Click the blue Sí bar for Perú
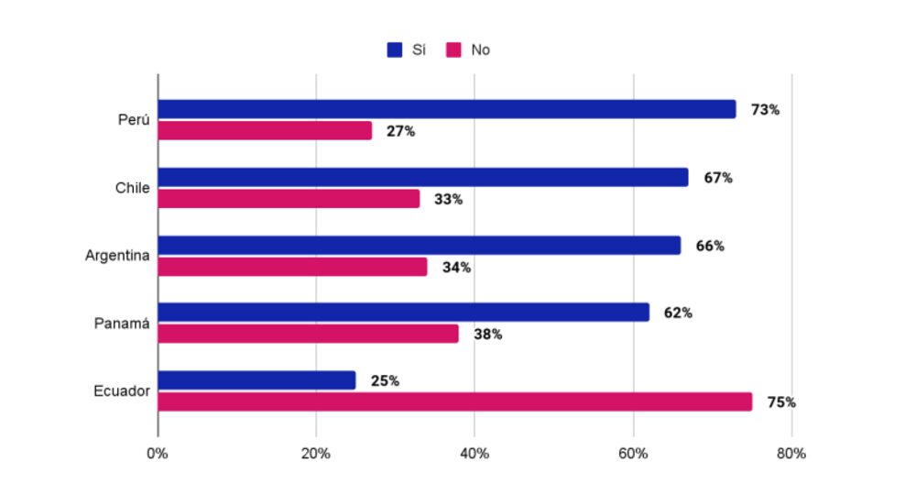pos(447,109)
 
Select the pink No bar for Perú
pos(265,130)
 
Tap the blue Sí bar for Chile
pos(423,177)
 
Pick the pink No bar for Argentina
pos(292,267)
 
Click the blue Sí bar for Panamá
pos(403,313)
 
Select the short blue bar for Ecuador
pos(256,380)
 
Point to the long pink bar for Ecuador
pos(454,401)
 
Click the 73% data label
pos(765,110)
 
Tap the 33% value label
pos(448,199)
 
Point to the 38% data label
pos(487,335)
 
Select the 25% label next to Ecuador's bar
pos(385,380)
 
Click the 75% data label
pos(780,402)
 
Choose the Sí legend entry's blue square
pos(395,49)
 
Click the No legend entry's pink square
pos(453,49)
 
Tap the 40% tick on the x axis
pos(474,454)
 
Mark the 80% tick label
pos(791,454)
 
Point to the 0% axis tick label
pos(158,454)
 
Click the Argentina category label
pos(117,256)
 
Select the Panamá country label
pos(122,324)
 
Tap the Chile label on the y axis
pos(132,188)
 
